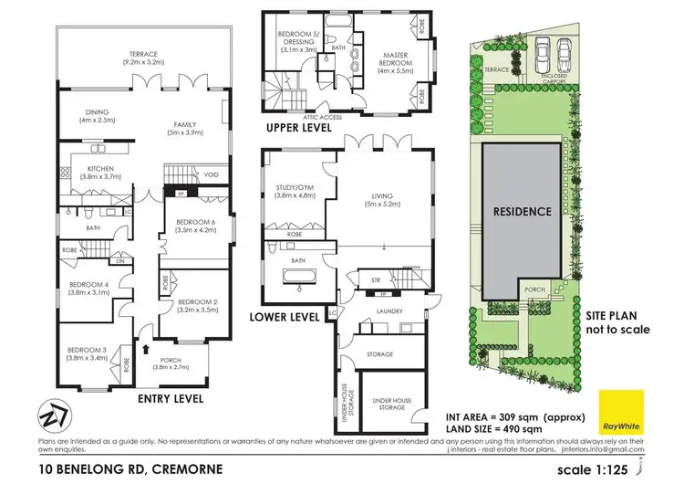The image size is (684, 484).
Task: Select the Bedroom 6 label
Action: click(197, 225)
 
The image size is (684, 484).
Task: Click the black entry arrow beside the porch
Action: click(145, 349)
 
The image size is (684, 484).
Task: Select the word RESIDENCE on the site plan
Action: click(523, 211)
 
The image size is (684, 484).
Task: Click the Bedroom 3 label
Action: click(88, 352)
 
